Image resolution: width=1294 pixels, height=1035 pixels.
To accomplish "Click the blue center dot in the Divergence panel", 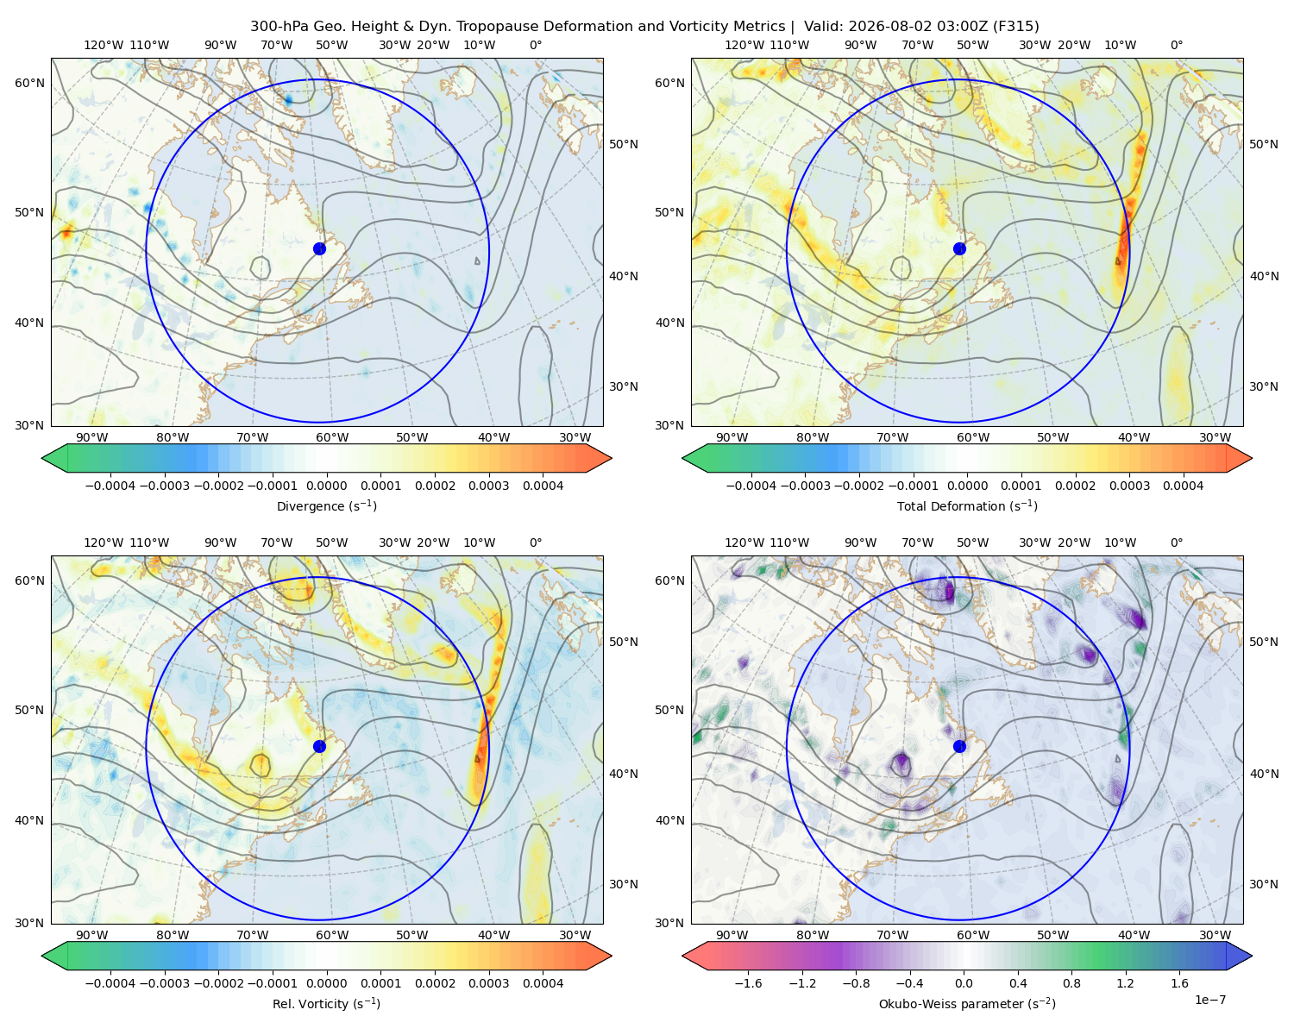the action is (x=319, y=248).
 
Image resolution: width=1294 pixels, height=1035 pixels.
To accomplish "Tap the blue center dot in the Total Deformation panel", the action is (x=959, y=248).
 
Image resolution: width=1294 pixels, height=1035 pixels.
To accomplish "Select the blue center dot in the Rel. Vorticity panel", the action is (x=319, y=746).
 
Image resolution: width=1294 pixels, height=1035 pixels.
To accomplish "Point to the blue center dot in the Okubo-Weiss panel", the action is (x=959, y=746).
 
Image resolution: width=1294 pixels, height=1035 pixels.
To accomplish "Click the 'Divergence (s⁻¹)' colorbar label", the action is (x=326, y=505).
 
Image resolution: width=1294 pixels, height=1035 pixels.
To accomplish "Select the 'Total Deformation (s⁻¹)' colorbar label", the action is (x=967, y=505).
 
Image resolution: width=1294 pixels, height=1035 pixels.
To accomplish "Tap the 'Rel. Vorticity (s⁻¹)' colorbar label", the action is (x=326, y=1003).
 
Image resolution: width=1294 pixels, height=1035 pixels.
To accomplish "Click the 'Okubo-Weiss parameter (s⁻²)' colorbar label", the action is (x=967, y=1003).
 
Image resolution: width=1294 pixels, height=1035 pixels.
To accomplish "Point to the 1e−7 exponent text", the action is (x=1209, y=1000).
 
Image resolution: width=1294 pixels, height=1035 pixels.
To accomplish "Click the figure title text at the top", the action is (x=644, y=27).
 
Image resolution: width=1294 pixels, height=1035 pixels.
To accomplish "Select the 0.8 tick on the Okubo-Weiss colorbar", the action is (x=1071, y=982).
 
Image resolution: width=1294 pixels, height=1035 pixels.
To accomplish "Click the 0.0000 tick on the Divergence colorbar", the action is (x=326, y=486).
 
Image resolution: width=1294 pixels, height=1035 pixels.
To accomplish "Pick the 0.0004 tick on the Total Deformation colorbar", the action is (x=1183, y=486).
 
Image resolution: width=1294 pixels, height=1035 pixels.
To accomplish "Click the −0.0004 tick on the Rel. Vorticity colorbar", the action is (x=110, y=982).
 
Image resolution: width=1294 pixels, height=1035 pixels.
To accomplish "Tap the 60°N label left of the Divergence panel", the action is (x=29, y=83).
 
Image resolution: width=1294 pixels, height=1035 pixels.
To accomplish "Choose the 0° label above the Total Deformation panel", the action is (x=1176, y=45).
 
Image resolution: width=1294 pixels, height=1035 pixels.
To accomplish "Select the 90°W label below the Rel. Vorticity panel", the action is (x=92, y=935).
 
